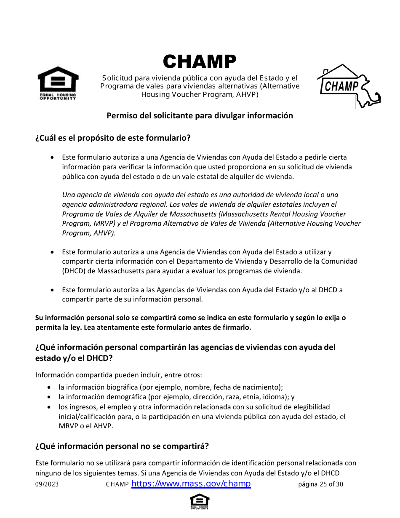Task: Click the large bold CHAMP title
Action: [200, 62]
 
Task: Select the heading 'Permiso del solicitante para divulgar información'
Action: [200, 115]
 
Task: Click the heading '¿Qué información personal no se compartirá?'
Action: [122, 446]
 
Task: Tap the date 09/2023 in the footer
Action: [47, 484]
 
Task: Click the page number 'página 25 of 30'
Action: [320, 484]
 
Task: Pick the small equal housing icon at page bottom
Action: [200, 501]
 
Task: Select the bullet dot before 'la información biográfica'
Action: [50, 387]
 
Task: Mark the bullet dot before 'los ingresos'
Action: [50, 407]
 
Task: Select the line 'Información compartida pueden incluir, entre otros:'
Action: [118, 375]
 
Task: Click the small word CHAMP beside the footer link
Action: [117, 484]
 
